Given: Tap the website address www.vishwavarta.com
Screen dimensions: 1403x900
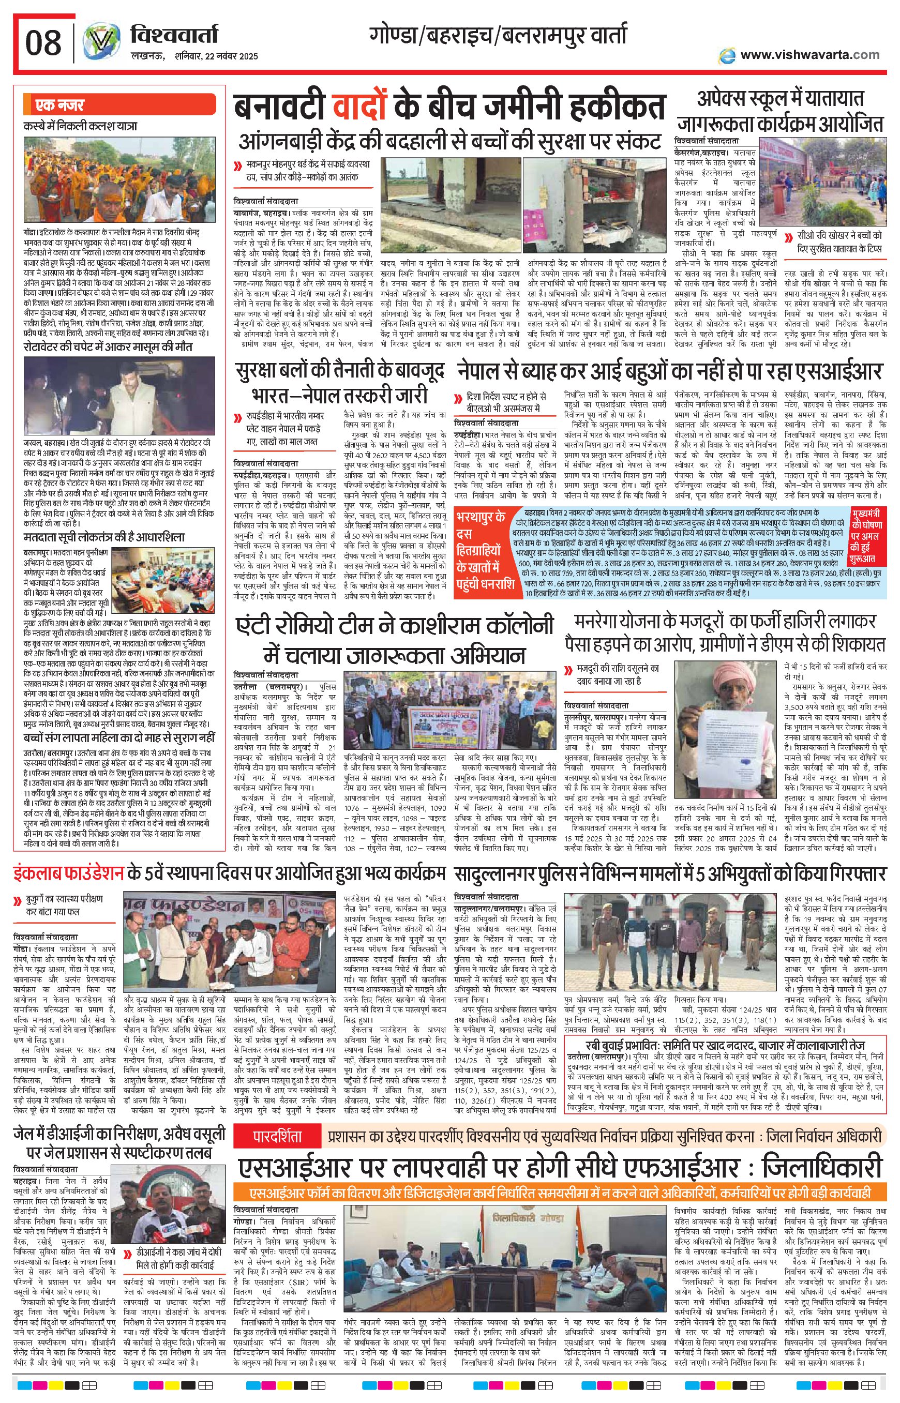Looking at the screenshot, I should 809,55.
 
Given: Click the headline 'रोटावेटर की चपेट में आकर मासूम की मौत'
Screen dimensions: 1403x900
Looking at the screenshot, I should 109,347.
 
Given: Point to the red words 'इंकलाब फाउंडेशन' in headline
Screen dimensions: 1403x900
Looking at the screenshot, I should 69,874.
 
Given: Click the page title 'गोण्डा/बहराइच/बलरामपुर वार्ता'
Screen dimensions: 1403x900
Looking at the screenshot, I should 498,36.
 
